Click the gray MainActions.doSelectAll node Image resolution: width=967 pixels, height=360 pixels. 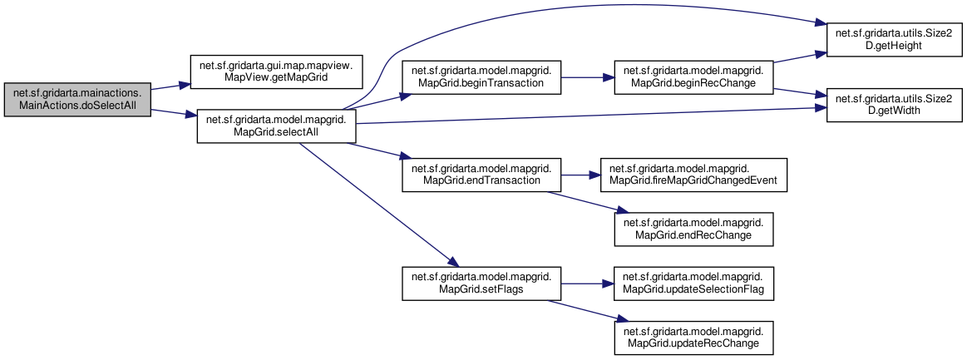[77, 100]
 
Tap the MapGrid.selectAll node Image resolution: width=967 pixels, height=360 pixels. [276, 126]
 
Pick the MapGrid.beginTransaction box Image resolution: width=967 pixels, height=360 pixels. [481, 77]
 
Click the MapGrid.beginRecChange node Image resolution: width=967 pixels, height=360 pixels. [693, 77]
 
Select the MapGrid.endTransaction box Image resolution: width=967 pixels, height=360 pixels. [481, 175]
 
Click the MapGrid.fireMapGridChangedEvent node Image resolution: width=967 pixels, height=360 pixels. [693, 175]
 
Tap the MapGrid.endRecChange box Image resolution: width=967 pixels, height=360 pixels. [693, 229]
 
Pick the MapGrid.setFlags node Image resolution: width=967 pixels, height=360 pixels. [481, 284]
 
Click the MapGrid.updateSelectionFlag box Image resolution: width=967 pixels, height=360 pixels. [693, 284]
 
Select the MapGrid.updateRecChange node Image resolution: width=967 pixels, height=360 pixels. [693, 338]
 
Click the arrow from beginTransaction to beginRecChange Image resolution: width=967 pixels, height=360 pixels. [588, 77]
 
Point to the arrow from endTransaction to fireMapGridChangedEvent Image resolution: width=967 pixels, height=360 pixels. [581, 175]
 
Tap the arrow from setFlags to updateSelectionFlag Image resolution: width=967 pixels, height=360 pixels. [588, 284]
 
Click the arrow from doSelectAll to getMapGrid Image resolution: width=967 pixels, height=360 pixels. [170, 87]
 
